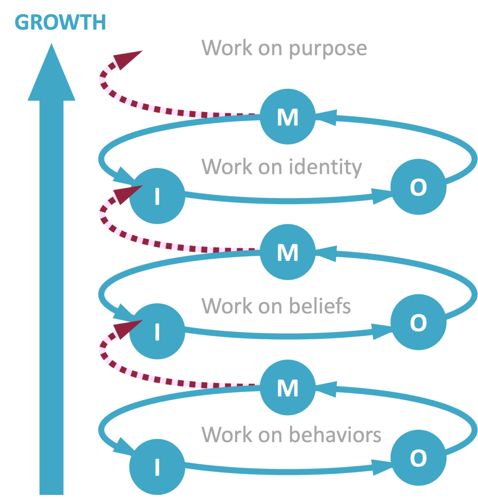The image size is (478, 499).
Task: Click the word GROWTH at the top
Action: click(x=60, y=23)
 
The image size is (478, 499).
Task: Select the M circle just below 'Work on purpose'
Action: click(x=287, y=117)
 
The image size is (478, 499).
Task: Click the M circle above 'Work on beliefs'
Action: click(x=287, y=252)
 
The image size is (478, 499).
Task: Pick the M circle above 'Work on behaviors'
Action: click(x=287, y=388)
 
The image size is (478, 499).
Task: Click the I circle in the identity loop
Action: click(x=157, y=196)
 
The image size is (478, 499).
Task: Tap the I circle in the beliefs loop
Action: click(x=157, y=331)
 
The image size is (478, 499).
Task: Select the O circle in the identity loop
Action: click(x=418, y=187)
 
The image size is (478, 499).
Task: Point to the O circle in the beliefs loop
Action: click(x=418, y=323)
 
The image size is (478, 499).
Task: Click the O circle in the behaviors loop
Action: click(x=418, y=458)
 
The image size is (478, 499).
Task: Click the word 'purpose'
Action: click(x=327, y=48)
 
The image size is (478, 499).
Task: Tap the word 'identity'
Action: click(x=326, y=167)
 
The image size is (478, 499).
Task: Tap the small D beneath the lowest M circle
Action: click(x=288, y=429)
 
